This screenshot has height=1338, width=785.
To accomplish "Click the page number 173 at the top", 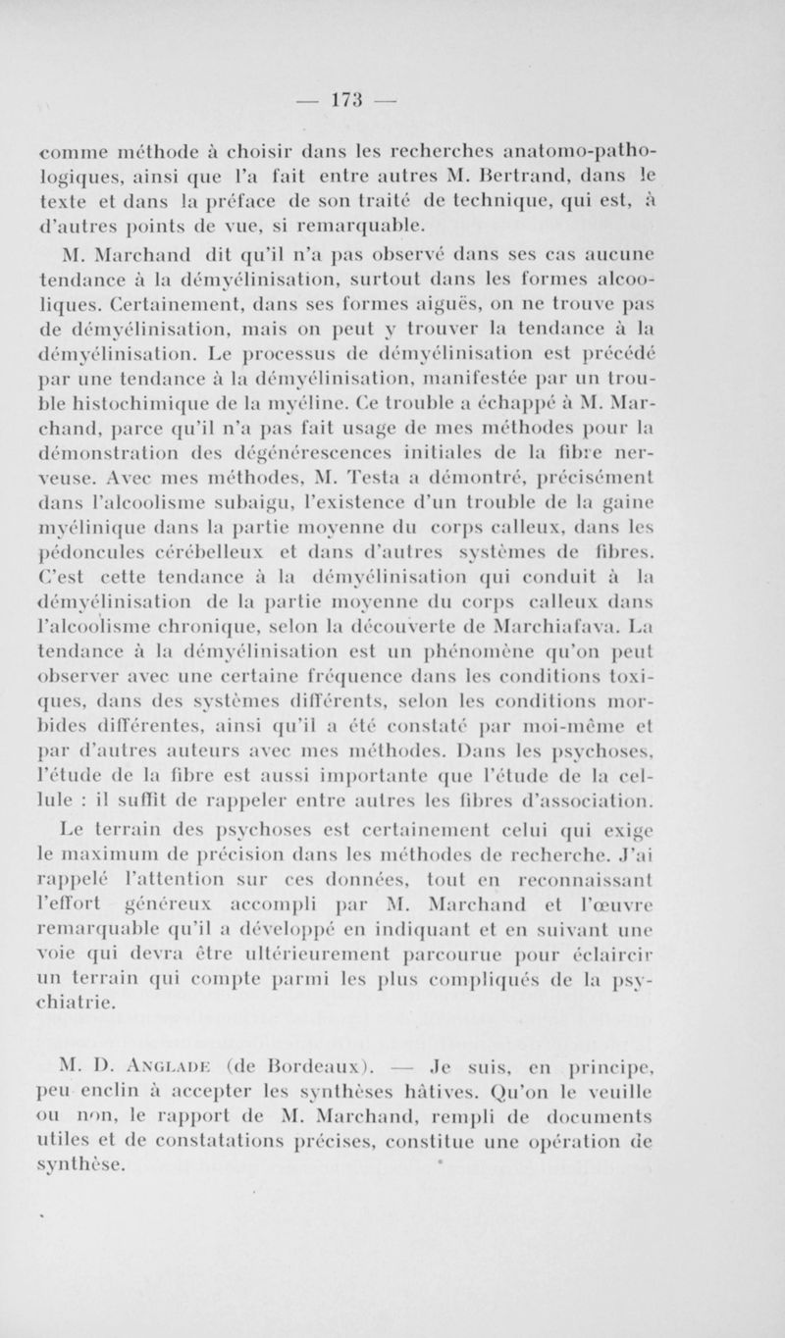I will coord(392,99).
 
